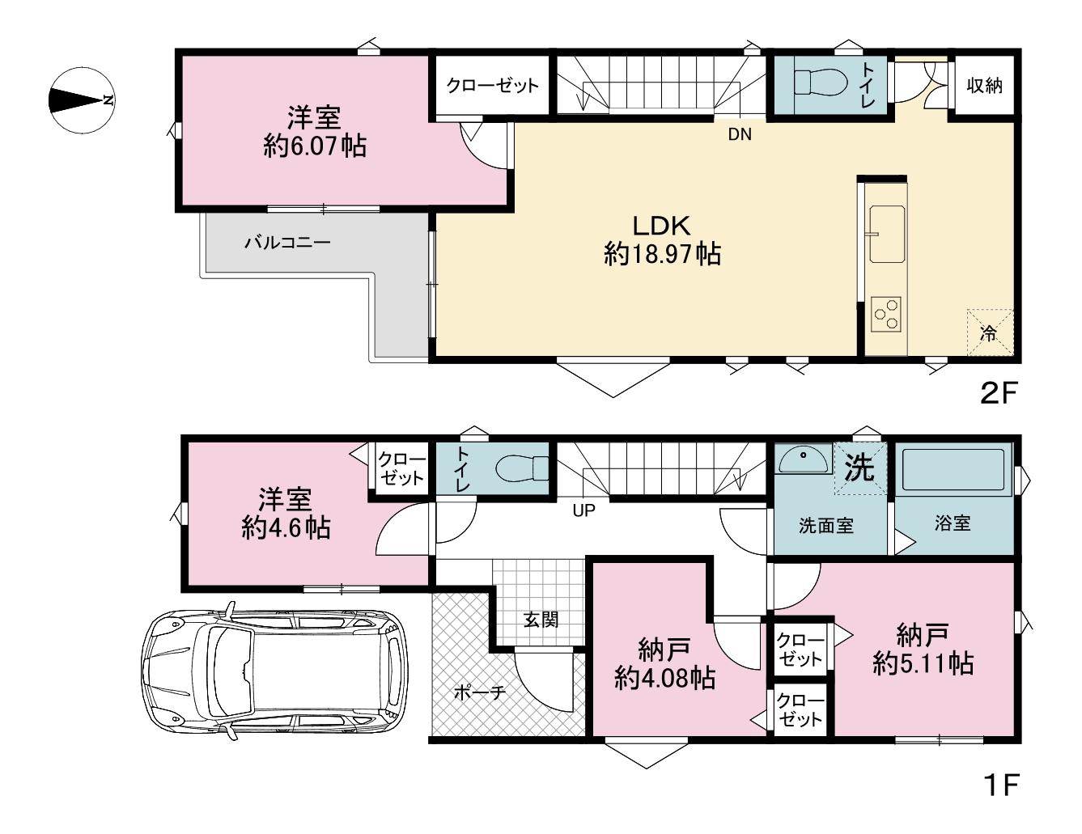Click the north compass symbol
[x=83, y=100]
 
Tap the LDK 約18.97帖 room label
[x=662, y=240]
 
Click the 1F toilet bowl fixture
[x=522, y=468]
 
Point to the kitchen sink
[x=887, y=234]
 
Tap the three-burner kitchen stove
[x=886, y=314]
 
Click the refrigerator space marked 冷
[x=990, y=332]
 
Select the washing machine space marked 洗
[x=860, y=468]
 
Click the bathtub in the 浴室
[x=953, y=469]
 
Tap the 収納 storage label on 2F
[x=984, y=86]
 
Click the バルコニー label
[x=287, y=243]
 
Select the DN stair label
[x=740, y=134]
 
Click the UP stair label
[x=584, y=510]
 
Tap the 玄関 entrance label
[x=541, y=620]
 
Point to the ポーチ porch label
[x=480, y=692]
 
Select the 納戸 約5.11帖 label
[x=923, y=649]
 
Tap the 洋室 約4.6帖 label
[x=286, y=514]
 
